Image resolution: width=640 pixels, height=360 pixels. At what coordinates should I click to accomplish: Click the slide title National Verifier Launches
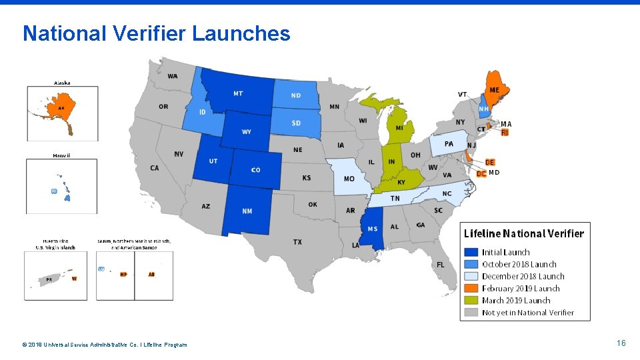point(157,33)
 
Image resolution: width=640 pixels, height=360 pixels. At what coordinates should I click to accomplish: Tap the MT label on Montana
point(238,94)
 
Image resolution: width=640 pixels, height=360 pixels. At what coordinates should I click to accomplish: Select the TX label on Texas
point(297,241)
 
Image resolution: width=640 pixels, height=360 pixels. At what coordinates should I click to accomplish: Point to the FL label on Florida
point(441,265)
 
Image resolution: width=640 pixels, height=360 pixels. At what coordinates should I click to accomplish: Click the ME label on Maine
point(494,90)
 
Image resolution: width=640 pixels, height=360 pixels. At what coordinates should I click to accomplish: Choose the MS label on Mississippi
point(373,229)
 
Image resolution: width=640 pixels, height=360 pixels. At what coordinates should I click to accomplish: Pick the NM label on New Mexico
point(247,211)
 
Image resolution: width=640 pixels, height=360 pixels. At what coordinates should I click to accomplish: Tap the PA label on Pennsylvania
point(449,144)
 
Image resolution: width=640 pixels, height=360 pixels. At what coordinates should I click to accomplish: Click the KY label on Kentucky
point(401,182)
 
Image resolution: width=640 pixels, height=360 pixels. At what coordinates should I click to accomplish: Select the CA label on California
point(155,168)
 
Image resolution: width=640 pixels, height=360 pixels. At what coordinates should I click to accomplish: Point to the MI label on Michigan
point(399,127)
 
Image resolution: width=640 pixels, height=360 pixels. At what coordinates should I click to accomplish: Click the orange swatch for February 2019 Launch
point(471,288)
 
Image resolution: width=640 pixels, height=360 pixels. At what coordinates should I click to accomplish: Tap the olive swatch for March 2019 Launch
point(471,300)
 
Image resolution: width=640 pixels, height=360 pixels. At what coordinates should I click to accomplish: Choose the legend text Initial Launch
point(506,252)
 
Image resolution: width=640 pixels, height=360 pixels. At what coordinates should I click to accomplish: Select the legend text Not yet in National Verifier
point(528,312)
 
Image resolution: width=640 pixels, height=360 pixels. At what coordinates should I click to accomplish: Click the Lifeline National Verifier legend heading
point(524,233)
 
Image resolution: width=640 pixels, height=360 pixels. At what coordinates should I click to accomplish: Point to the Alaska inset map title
point(63,83)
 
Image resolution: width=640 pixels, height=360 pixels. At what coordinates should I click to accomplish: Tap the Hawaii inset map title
point(62,155)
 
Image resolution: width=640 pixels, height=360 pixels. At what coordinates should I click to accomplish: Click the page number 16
point(621,343)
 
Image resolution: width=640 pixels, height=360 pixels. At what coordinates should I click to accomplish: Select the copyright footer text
point(105,345)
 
